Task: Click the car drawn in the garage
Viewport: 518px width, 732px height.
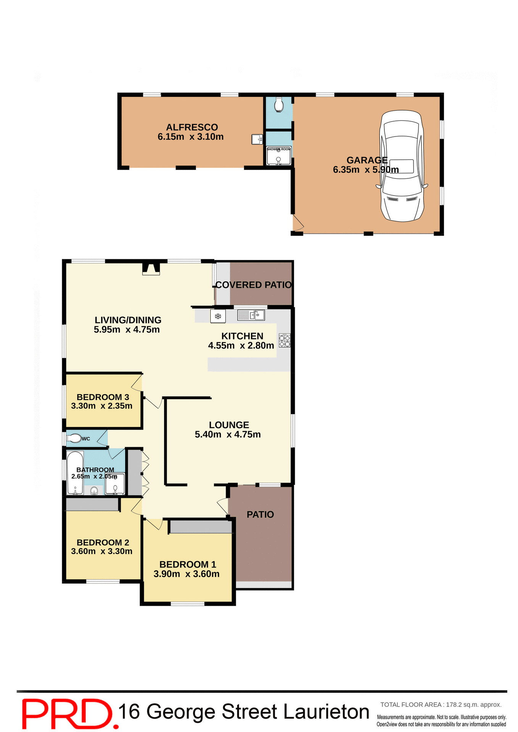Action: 402,166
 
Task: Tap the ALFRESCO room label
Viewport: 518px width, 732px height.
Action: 192,127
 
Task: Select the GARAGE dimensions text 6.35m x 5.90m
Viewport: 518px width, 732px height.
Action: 365,170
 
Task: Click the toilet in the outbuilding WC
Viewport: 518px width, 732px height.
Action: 279,104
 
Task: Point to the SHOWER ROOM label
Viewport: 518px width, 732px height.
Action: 278,149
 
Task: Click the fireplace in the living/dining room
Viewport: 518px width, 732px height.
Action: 151,268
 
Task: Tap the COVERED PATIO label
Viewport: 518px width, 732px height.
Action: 253,285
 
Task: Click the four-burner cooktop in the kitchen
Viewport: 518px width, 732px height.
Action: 284,340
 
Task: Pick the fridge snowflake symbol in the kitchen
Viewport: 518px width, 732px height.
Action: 218,316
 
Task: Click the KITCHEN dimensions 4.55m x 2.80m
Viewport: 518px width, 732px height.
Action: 241,346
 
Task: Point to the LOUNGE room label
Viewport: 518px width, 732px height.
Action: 229,425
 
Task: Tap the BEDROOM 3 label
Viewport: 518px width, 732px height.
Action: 103,397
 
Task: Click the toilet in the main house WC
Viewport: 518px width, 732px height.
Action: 74,438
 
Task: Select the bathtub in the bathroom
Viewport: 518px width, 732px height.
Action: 75,473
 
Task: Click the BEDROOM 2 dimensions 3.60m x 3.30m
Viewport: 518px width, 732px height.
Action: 102,551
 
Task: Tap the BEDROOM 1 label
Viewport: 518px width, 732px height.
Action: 187,565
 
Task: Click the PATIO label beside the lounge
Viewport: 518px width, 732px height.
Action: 260,515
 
